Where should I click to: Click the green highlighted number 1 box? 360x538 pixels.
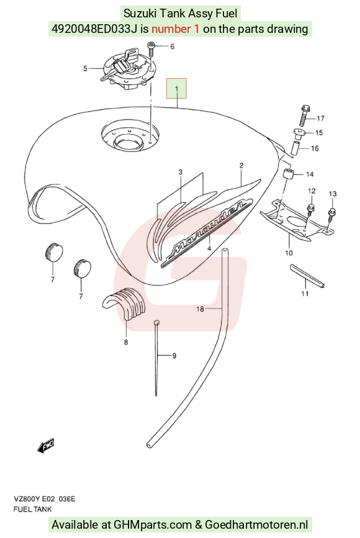tap(176, 89)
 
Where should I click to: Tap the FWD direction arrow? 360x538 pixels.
tap(46, 446)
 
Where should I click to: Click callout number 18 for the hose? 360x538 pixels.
tap(200, 309)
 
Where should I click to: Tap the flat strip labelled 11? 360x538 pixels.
tap(307, 276)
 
